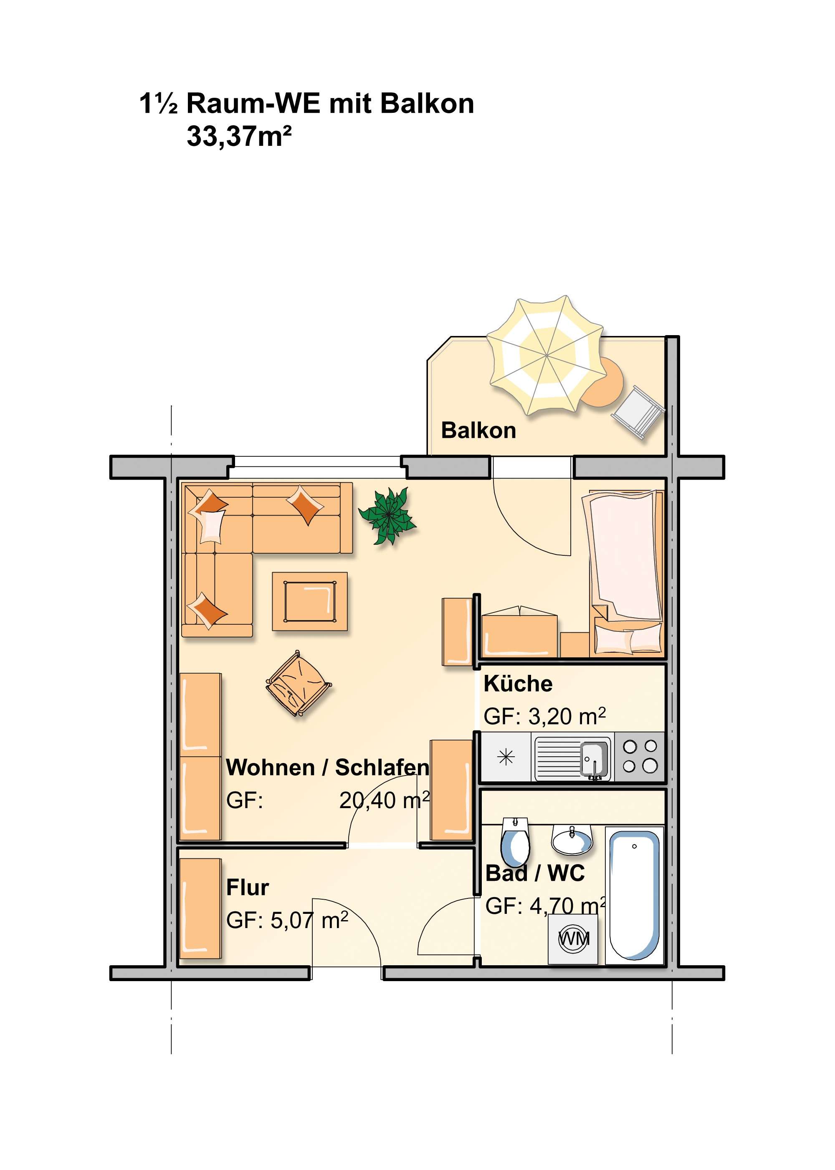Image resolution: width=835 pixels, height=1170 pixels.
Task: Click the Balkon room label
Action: [478, 431]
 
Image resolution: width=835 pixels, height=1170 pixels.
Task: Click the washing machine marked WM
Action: [573, 939]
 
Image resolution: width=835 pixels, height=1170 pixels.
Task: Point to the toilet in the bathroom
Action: [515, 842]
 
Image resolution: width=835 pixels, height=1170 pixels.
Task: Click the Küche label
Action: [518, 684]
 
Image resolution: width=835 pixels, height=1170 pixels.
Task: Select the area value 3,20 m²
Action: [567, 716]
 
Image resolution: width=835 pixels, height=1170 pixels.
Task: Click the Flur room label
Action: [247, 888]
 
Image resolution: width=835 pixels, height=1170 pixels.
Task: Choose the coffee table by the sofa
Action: [309, 601]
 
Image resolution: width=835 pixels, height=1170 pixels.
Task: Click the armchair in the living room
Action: [298, 684]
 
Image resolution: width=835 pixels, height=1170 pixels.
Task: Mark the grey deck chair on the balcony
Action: [638, 412]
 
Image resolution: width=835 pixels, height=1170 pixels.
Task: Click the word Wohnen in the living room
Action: [270, 768]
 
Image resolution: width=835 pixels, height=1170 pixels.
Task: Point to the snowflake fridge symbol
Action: [506, 757]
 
